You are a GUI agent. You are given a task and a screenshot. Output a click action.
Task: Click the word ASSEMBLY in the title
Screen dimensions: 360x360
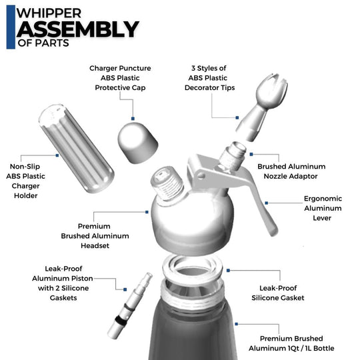(x=77, y=29)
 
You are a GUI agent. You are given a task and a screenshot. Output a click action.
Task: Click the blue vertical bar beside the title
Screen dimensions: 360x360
(x=10, y=27)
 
